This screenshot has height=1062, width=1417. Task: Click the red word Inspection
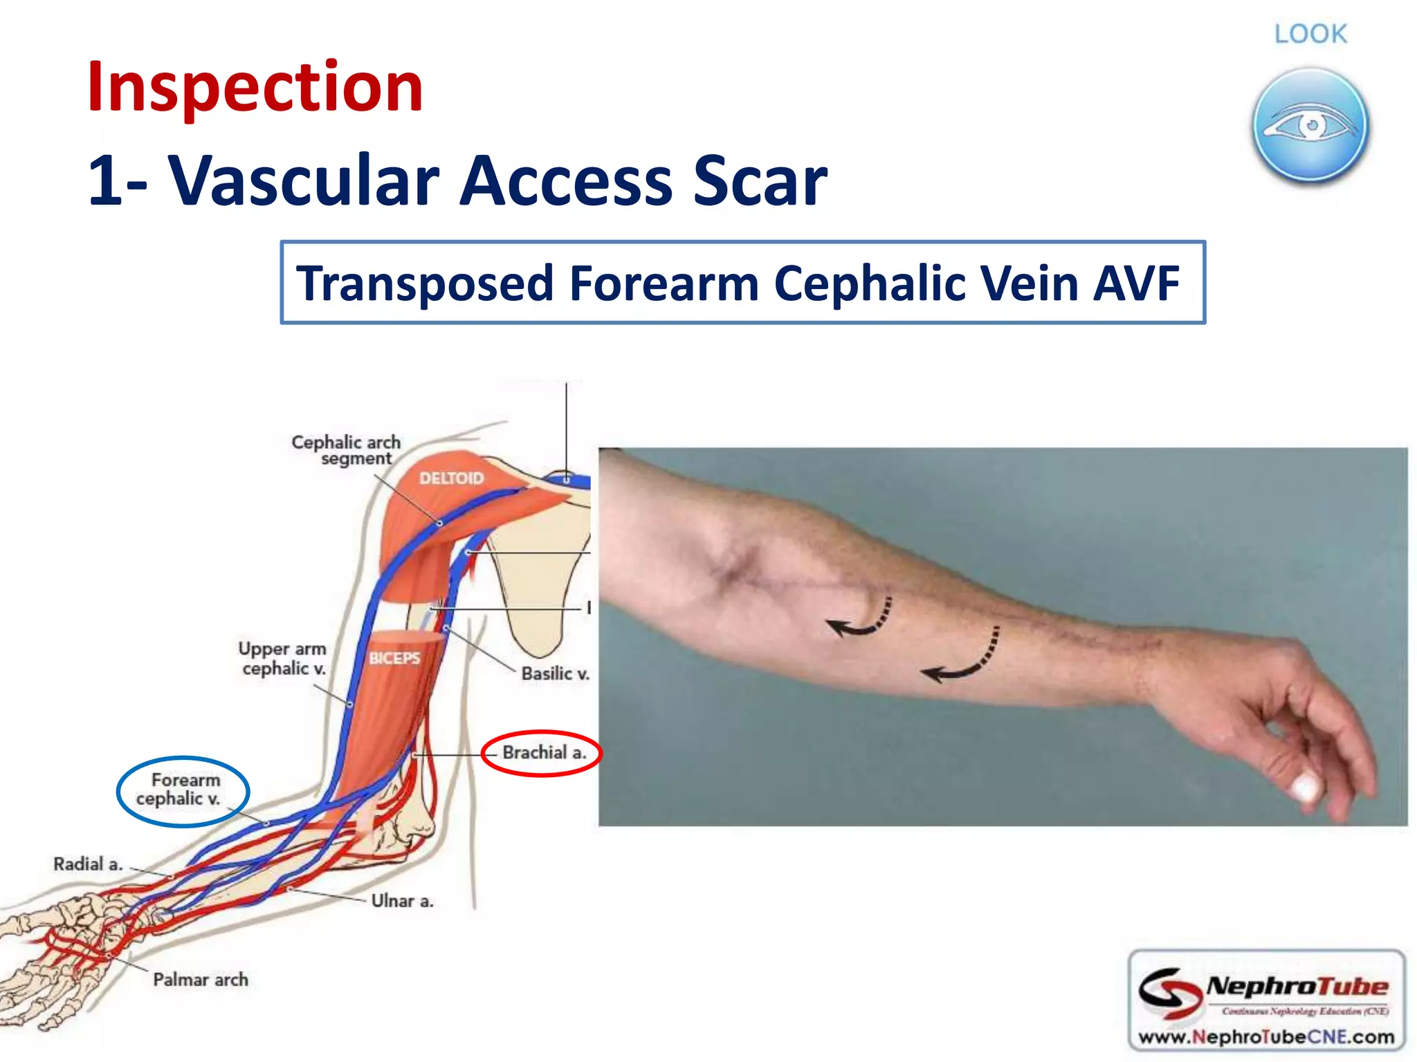pyautogui.click(x=255, y=87)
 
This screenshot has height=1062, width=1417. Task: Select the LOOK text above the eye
pyautogui.click(x=1310, y=34)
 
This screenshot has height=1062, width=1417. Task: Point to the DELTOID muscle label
pyautogui.click(x=451, y=478)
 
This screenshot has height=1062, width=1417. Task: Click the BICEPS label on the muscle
pyautogui.click(x=394, y=658)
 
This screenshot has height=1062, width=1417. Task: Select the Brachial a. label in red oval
pyautogui.click(x=544, y=752)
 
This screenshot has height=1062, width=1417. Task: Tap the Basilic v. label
pyautogui.click(x=555, y=673)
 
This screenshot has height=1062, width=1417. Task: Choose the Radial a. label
pyautogui.click(x=88, y=864)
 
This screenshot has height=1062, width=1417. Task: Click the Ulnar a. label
pyautogui.click(x=402, y=900)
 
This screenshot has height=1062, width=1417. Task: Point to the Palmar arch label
pyautogui.click(x=200, y=979)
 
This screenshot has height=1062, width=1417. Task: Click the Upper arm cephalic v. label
pyautogui.click(x=282, y=658)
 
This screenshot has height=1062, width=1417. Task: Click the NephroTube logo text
pyautogui.click(x=1297, y=986)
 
